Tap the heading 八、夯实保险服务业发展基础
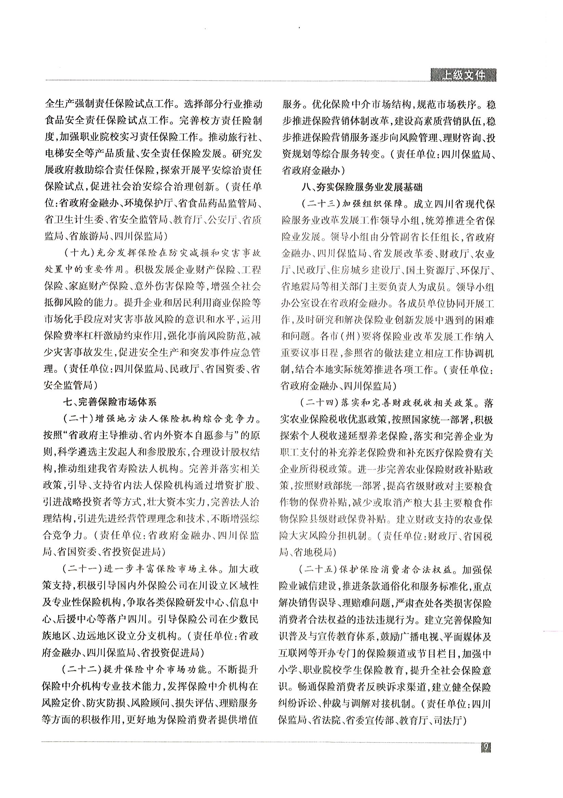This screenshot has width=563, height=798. pos(362,187)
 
